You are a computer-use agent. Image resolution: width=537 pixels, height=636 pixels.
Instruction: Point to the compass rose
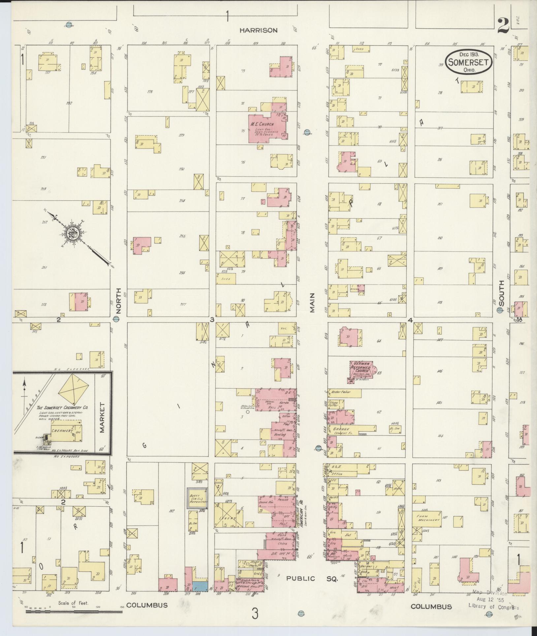[72, 234]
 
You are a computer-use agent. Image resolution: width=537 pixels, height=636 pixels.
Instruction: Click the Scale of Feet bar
[73, 612]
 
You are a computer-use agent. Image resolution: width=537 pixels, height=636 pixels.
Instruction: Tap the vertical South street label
[501, 293]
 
